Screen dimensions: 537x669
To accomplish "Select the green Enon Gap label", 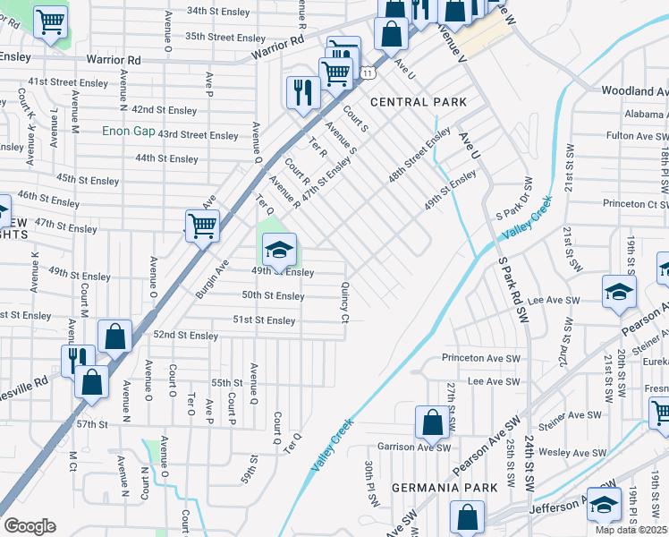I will coord(131,130).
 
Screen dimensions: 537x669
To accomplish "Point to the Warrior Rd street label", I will coord(114,60).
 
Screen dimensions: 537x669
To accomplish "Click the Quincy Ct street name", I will coord(344,303).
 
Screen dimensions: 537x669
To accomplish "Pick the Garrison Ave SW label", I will coord(407,447).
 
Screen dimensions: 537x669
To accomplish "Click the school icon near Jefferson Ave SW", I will coord(604,504).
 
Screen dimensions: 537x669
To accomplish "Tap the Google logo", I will coord(30,526).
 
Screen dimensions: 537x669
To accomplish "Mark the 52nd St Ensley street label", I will coord(186,336).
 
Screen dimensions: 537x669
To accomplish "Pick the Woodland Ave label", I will coord(634,91).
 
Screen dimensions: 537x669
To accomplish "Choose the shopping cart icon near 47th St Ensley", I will coord(202,226).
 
